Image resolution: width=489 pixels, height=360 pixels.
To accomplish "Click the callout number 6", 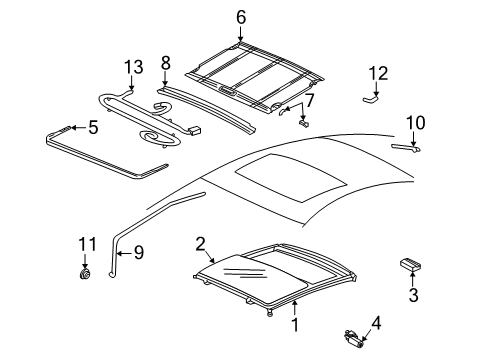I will [240, 16].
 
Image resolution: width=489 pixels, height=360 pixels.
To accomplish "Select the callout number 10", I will [415, 122].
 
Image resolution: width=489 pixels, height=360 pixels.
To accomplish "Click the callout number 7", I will [310, 101].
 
